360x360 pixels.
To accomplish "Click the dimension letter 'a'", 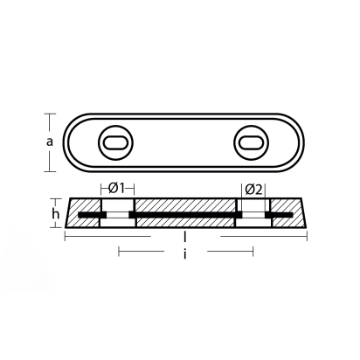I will click(52, 140).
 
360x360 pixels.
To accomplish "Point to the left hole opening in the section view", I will click(114, 214).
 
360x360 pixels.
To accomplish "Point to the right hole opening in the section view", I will click(251, 214).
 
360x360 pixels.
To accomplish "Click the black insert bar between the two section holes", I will click(183, 214).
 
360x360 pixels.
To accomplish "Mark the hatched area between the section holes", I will click(183, 204).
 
